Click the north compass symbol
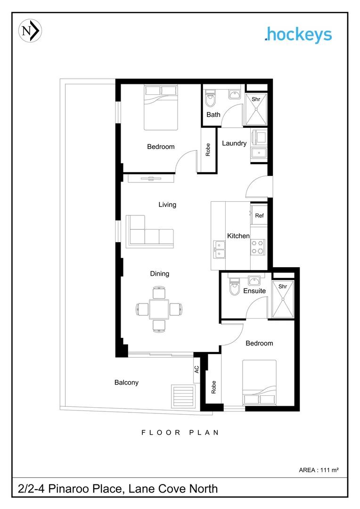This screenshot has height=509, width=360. (x=30, y=31)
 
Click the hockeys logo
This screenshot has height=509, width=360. (x=298, y=35)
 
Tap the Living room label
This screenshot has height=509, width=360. (x=167, y=205)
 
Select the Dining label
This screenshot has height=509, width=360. (x=160, y=274)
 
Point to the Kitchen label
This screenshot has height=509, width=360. (x=238, y=236)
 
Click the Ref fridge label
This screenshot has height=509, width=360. (x=259, y=216)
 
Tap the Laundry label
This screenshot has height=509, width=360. (x=234, y=143)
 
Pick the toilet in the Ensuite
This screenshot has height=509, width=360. (x=234, y=287)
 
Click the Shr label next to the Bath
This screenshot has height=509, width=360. (x=256, y=99)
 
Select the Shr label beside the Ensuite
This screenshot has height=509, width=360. (x=283, y=286)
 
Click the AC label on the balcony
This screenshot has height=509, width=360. (x=197, y=370)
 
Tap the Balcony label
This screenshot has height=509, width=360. (x=126, y=383)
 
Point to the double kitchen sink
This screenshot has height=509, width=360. (x=219, y=249)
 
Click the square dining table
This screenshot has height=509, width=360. (x=159, y=309)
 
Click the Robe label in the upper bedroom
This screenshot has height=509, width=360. (x=208, y=149)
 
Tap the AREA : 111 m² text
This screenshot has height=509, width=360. (x=319, y=470)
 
